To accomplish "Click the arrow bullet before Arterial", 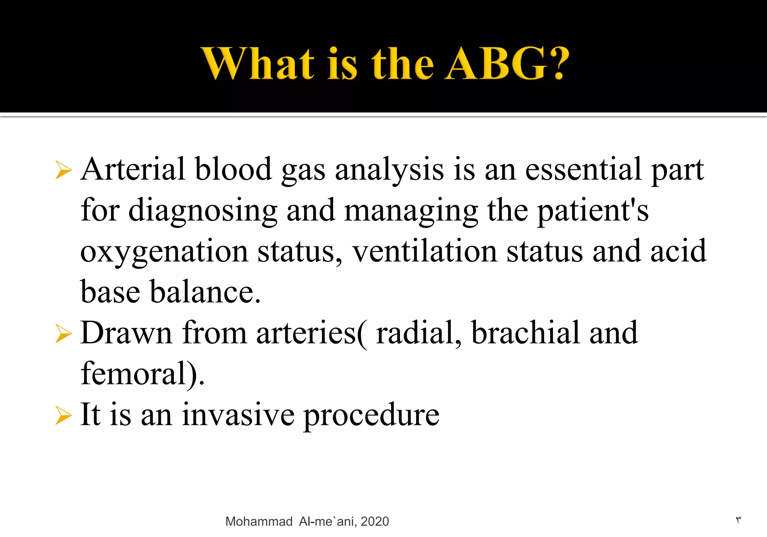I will pos(63,170).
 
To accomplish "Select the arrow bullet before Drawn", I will pos(63,333).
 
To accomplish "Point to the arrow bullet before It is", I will pos(63,415).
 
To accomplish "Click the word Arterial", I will pos(133,169).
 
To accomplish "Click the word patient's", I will pos(593,210).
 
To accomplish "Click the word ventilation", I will pos(424,252).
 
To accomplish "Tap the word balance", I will pos(205,292).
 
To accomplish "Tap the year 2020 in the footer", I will pos(375,521).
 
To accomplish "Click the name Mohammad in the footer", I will pos(259,521).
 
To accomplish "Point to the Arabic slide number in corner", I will pos(738,520).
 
